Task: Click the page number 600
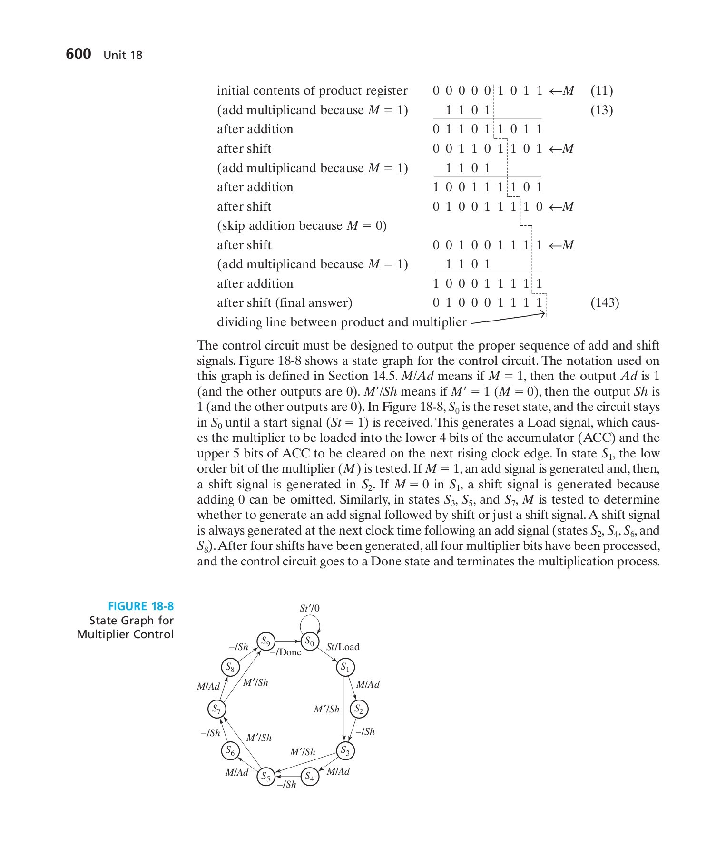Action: click(x=78, y=54)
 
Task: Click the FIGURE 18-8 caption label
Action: click(x=141, y=606)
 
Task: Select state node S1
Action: click(x=345, y=667)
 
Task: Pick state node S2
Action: click(x=359, y=710)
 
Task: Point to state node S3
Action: click(x=345, y=751)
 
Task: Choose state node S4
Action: click(x=310, y=777)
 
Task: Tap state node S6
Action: click(x=230, y=751)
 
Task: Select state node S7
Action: click(x=216, y=710)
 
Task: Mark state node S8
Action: click(x=230, y=667)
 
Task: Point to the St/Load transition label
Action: click(x=343, y=647)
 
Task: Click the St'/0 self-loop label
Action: click(x=310, y=608)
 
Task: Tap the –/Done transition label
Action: click(x=285, y=652)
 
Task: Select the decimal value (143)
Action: click(x=605, y=302)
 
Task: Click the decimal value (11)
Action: click(x=601, y=90)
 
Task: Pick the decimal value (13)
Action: click(x=601, y=110)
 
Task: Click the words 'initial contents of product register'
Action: click(x=312, y=90)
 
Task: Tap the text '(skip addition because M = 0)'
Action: click(x=302, y=225)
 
